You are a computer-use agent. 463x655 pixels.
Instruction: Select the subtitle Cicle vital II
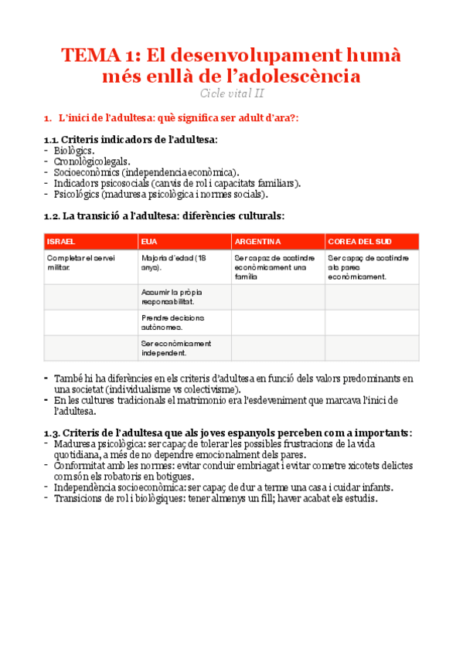[x=231, y=93]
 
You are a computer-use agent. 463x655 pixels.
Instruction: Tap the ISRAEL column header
[x=60, y=242]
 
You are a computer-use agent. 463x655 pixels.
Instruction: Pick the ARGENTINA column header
[x=257, y=242]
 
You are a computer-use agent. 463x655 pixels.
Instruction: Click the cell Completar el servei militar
[x=80, y=262]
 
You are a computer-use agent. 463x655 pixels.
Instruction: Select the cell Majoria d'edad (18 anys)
[x=173, y=262]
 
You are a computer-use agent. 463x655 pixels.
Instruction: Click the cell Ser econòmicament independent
[x=176, y=348]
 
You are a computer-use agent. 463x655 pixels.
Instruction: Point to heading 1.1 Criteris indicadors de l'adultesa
[x=131, y=139]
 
